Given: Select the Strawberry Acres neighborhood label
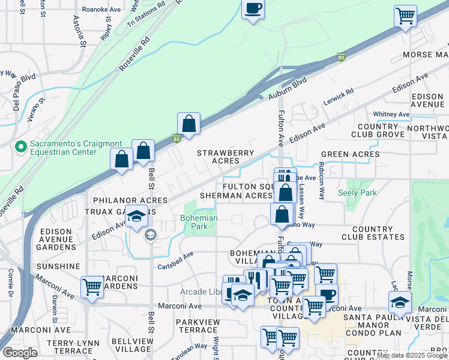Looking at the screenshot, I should [x=226, y=157].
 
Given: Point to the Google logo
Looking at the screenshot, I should [x=20, y=353].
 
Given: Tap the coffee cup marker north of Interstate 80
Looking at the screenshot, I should [x=253, y=9].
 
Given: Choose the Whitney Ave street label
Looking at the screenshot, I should [x=391, y=114].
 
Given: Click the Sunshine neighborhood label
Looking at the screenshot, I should [x=58, y=266].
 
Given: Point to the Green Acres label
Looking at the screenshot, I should [x=350, y=154].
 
